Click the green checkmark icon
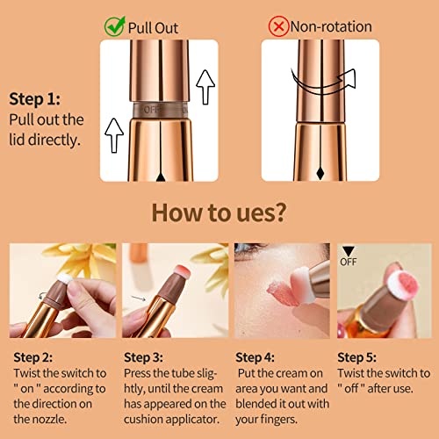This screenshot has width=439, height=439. [x=115, y=26]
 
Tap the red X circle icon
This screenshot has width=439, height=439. [x=278, y=26]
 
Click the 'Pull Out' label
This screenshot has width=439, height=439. [x=153, y=28]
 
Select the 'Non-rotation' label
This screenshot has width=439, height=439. [x=331, y=26]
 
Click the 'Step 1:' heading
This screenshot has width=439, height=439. [x=35, y=99]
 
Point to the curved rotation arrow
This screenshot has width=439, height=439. [x=323, y=83]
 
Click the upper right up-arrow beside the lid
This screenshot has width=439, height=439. [x=205, y=87]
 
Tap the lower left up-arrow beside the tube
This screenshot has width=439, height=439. [x=114, y=135]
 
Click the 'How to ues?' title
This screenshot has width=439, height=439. [x=219, y=212]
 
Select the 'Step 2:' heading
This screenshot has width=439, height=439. [x=33, y=357]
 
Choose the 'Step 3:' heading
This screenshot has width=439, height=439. [x=143, y=357]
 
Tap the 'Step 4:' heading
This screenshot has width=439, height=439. [x=255, y=357]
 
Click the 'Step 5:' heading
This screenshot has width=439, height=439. [x=357, y=357]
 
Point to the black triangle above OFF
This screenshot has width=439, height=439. [x=349, y=251]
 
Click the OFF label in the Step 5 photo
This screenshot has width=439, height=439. [x=349, y=262]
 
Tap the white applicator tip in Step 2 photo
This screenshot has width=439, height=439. [x=65, y=278]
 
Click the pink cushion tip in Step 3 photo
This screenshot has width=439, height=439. [x=183, y=272]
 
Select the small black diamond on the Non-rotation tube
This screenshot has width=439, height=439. [x=320, y=173]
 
